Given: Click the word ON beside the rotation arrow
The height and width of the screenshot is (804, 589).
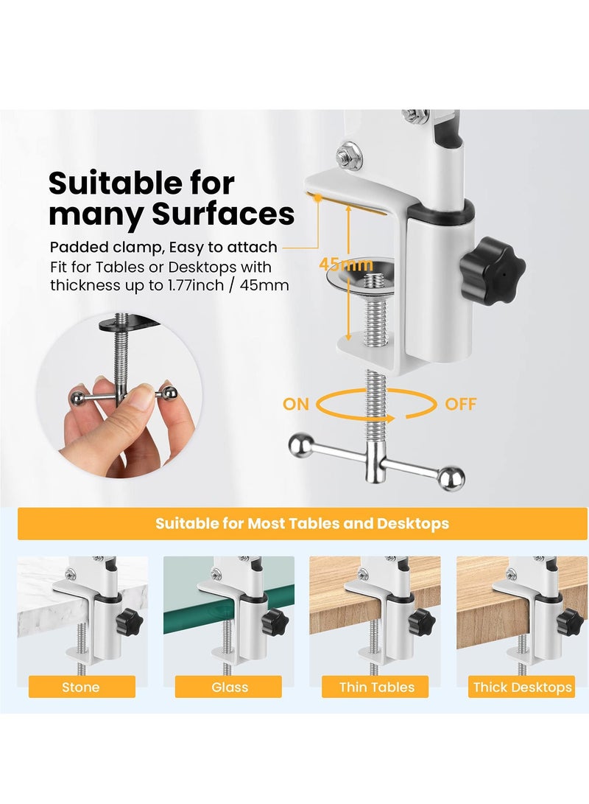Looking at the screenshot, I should (x=296, y=404).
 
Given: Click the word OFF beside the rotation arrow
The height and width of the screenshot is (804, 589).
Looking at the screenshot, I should (x=460, y=404).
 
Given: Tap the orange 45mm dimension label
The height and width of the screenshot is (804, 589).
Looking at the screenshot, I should (x=346, y=264).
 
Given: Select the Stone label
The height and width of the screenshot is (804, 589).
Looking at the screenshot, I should (x=80, y=687).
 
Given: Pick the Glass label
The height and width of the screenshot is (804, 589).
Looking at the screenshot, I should (x=229, y=687).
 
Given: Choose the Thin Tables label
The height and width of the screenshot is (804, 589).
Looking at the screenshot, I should (x=376, y=687).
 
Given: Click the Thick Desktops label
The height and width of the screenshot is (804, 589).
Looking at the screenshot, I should (x=522, y=687).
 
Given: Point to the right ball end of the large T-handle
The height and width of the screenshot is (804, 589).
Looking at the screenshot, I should (x=451, y=478).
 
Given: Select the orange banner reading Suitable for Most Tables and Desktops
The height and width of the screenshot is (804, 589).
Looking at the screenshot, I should (x=302, y=524).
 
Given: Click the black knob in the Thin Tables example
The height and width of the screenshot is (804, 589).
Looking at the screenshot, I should (x=421, y=621).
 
